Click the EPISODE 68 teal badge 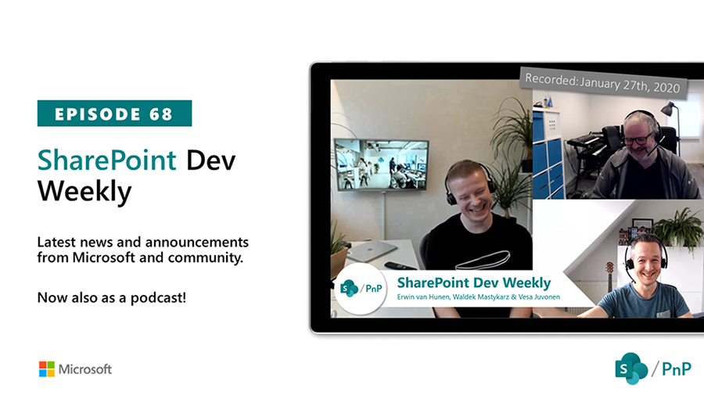point(114,113)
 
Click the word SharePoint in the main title point(107,160)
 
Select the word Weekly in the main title point(84,190)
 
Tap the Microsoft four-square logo point(47,369)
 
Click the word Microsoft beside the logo point(86,369)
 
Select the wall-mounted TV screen point(381,164)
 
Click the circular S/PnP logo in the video point(359,290)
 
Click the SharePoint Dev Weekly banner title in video point(473,283)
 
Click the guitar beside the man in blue point(609,278)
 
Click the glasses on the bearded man point(638,140)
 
